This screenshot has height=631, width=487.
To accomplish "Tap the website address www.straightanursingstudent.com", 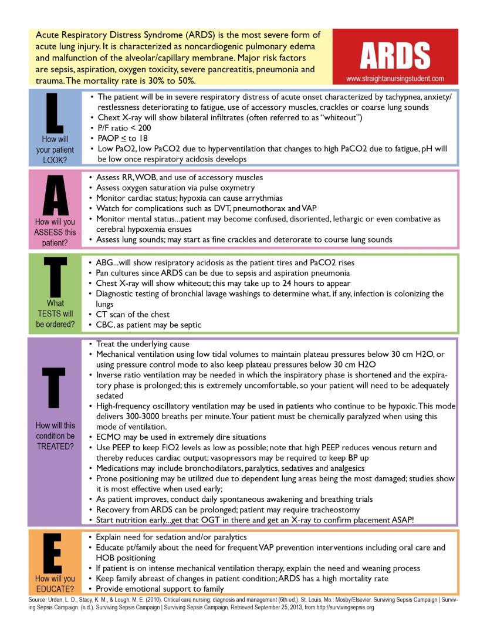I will click(x=395, y=77).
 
